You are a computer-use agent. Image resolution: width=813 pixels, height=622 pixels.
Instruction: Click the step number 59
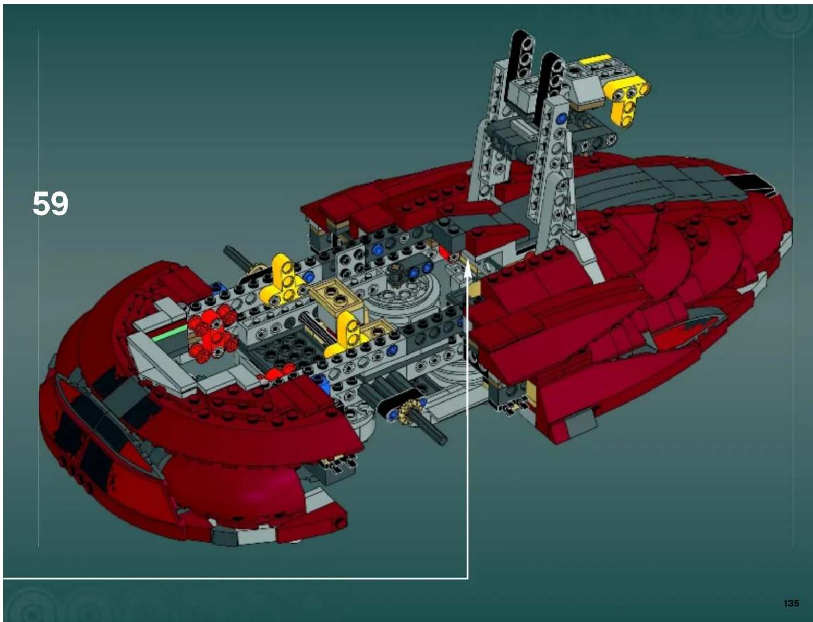pos(50,203)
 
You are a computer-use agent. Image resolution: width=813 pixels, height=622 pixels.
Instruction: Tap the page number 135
pos(791,603)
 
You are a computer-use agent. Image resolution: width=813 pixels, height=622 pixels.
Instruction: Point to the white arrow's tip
pos(468,265)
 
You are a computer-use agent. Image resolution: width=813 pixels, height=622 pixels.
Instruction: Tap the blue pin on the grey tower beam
pos(561,119)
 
